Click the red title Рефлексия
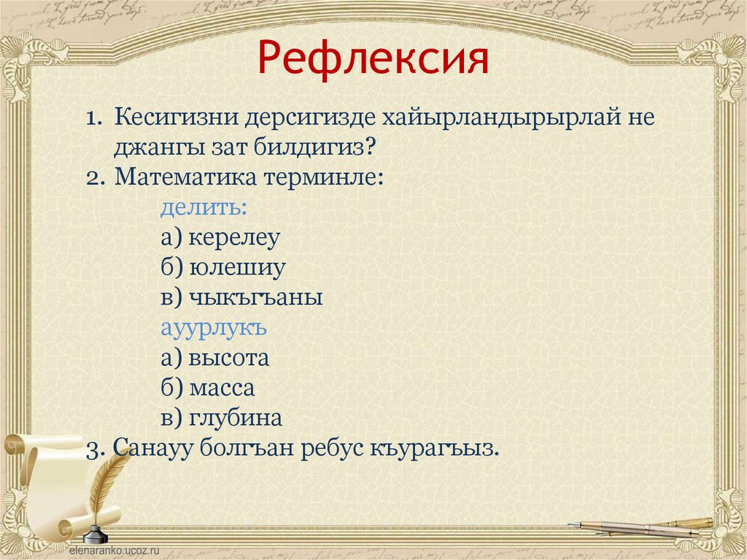pyautogui.click(x=373, y=58)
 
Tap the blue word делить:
pyautogui.click(x=204, y=207)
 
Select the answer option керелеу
pyautogui.click(x=234, y=237)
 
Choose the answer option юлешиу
pyautogui.click(x=237, y=268)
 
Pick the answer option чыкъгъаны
pyautogui.click(x=256, y=297)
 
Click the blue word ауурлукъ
pyautogui.click(x=214, y=328)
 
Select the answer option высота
pyautogui.click(x=228, y=358)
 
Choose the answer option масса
pyautogui.click(x=222, y=388)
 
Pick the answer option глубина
pyautogui.click(x=236, y=418)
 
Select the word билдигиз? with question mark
pyautogui.click(x=315, y=148)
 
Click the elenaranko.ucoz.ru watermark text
pyautogui.click(x=115, y=550)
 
